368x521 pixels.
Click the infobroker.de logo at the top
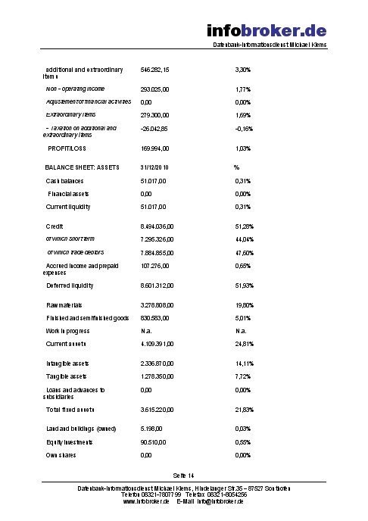[267, 31]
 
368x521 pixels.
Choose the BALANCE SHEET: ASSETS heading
[82, 167]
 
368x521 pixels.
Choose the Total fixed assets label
[70, 410]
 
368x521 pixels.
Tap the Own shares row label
[61, 455]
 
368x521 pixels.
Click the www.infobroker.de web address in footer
[145, 501]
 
